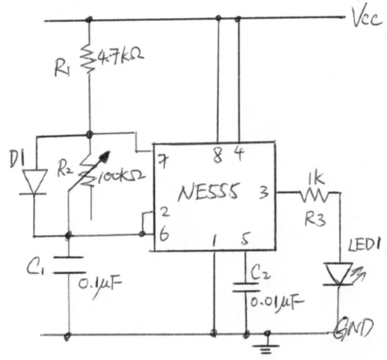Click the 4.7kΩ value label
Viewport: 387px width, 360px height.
tap(121, 57)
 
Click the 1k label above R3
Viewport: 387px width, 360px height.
tap(314, 177)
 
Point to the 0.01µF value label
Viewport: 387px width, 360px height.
tap(273, 304)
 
